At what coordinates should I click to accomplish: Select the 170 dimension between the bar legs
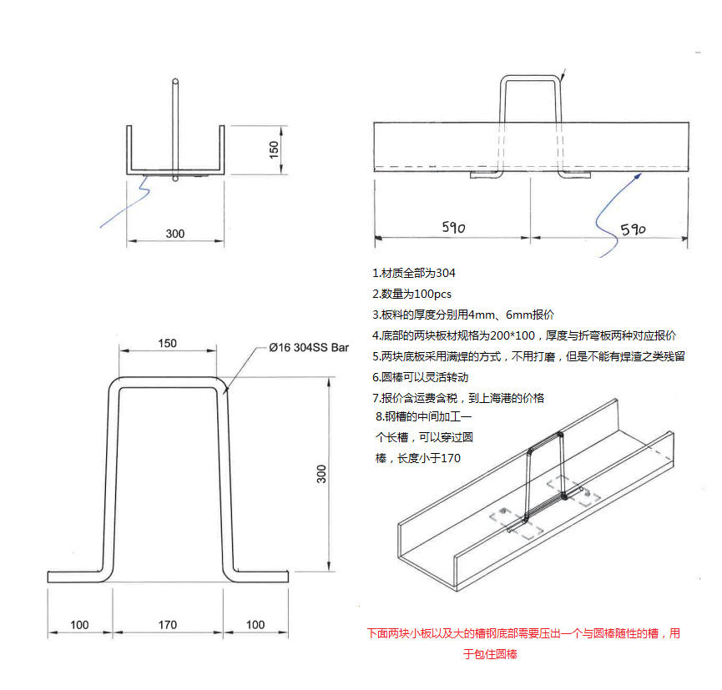click(x=167, y=625)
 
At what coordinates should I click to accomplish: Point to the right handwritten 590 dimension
click(x=633, y=229)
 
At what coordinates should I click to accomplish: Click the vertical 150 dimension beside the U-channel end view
click(x=274, y=149)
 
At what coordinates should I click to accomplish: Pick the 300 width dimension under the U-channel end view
click(x=174, y=234)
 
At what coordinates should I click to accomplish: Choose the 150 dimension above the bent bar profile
click(x=167, y=344)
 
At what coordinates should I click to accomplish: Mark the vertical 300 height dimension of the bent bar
click(x=322, y=474)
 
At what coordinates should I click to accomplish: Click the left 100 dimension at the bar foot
click(x=79, y=625)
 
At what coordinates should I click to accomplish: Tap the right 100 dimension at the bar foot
click(x=255, y=625)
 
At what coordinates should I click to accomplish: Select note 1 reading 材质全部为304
click(x=414, y=273)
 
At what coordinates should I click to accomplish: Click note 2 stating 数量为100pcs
click(x=412, y=294)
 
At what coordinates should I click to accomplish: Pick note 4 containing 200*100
click(x=524, y=335)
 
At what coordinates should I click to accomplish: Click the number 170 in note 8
click(x=450, y=458)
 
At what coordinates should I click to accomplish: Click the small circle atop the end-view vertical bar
click(x=175, y=82)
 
